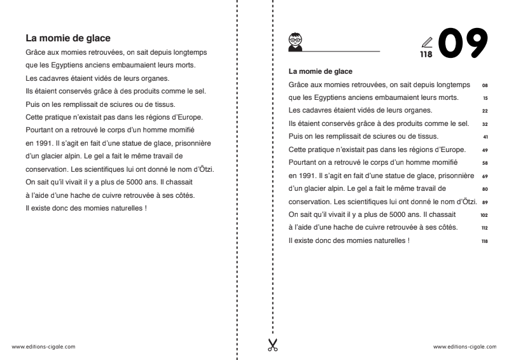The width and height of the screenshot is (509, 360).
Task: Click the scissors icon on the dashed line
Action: tap(272, 345)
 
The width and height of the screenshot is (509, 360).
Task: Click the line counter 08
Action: tap(485, 84)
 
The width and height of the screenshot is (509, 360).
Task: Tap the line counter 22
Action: tap(485, 111)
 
